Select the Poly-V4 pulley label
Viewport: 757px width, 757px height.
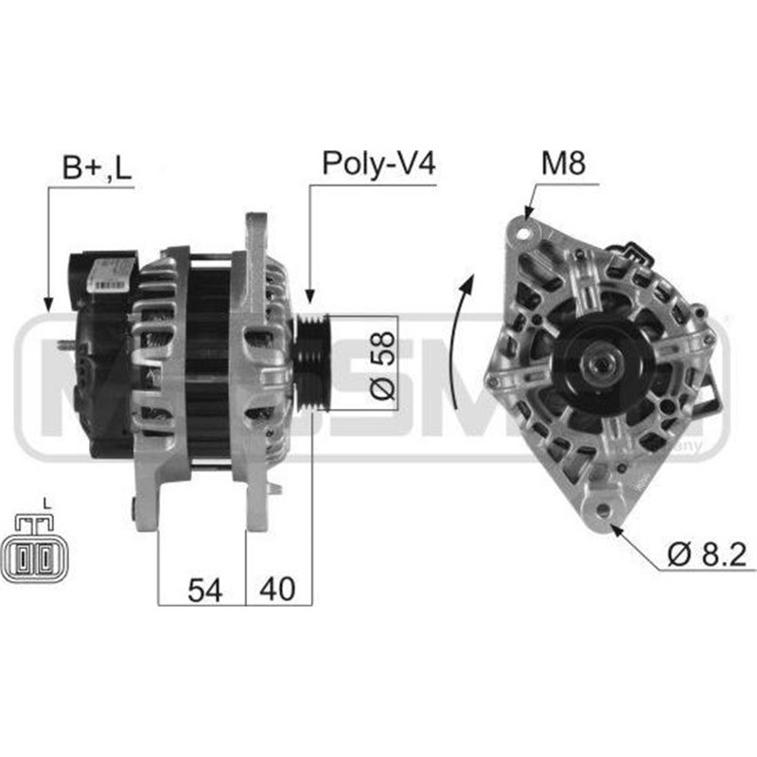point(378,163)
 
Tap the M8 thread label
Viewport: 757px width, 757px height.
point(563,163)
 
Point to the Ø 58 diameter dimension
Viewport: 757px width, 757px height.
point(381,363)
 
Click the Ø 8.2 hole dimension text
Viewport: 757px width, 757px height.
point(711,555)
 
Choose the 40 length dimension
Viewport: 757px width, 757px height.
point(277,590)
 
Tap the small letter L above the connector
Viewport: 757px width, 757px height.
point(45,502)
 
